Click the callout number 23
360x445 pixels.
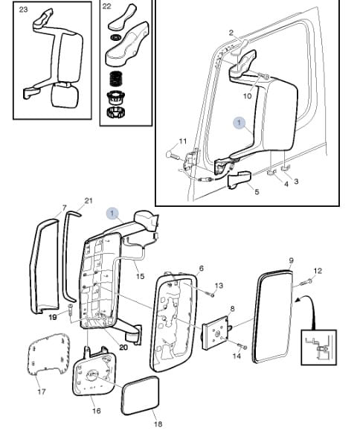[23, 10]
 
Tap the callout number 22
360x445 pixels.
[106, 6]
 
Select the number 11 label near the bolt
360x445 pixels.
[183, 141]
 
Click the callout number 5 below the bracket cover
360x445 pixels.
[257, 192]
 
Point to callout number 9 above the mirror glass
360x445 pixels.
[291, 260]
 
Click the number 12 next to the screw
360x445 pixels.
[318, 271]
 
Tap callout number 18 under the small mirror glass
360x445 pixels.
[158, 424]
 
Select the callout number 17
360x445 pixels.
[42, 391]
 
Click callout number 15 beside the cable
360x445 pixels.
[140, 276]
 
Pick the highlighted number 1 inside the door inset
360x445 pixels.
[240, 123]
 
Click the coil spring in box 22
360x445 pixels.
[115, 79]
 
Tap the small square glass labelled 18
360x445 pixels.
[140, 395]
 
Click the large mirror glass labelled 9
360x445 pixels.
[273, 316]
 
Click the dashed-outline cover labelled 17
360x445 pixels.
[49, 353]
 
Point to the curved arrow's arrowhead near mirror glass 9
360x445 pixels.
[298, 299]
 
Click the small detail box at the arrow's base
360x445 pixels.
[319, 347]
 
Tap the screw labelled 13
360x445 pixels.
[211, 295]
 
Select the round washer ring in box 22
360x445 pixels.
[116, 37]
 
